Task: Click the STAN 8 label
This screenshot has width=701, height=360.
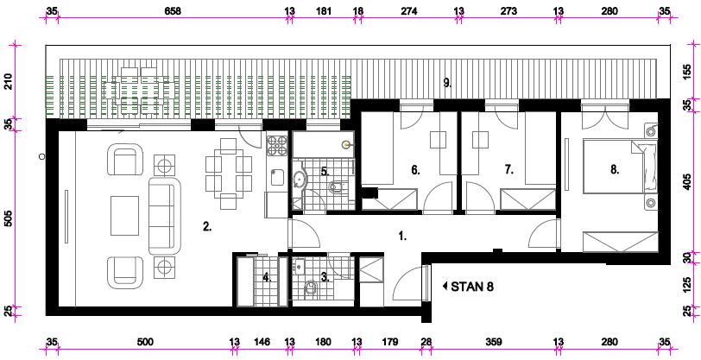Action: click(472, 287)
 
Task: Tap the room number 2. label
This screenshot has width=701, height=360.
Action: click(206, 227)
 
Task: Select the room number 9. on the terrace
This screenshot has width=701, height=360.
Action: click(447, 82)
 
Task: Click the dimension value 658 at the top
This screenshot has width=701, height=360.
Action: click(173, 11)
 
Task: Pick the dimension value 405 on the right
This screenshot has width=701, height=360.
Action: click(692, 182)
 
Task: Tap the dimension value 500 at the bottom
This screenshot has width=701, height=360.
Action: click(145, 342)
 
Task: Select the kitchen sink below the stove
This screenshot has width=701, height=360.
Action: click(277, 177)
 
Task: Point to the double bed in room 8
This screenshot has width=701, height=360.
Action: click(621, 167)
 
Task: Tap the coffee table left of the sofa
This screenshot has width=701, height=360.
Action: click(124, 216)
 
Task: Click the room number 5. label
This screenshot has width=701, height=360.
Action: click(325, 170)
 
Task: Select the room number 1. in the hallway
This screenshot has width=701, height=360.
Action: click(402, 236)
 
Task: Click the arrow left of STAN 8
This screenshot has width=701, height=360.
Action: click(445, 287)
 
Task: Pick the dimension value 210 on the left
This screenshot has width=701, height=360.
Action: click(9, 82)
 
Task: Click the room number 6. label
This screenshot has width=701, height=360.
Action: click(416, 170)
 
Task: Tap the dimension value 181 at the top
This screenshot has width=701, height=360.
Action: click(323, 11)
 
